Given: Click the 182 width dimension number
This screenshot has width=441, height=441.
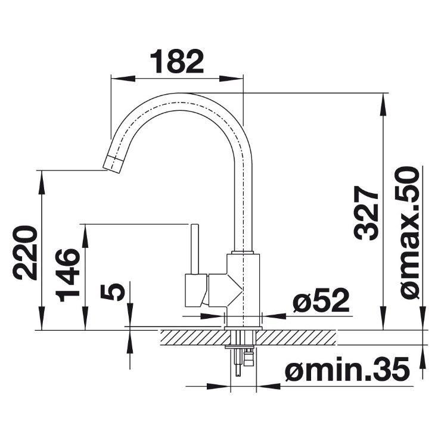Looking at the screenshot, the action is [177, 61].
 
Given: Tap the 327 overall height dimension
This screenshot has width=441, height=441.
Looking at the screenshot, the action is [366, 213].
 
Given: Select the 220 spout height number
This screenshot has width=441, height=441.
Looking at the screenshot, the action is [25, 253].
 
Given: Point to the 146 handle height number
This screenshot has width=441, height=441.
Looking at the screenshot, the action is [67, 275].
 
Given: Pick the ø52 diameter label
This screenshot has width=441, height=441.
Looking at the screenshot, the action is [321, 301].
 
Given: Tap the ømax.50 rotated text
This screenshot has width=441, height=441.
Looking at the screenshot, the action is [407, 232].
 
